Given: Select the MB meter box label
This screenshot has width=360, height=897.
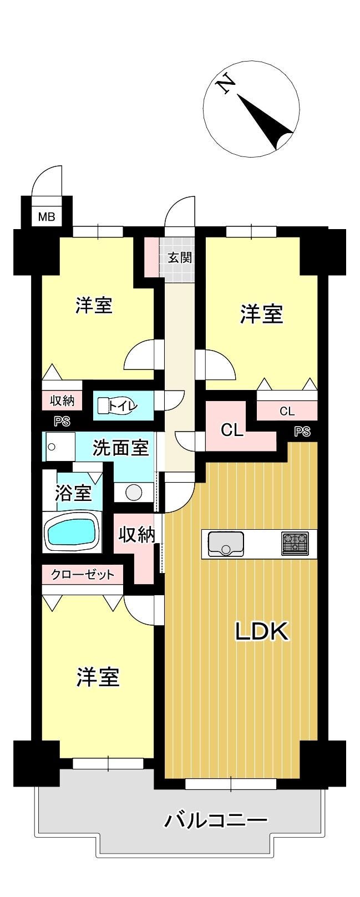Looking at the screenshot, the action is click(47, 217).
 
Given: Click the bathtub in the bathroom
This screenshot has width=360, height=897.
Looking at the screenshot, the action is click(73, 533).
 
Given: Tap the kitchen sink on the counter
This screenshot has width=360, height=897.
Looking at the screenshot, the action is click(225, 544).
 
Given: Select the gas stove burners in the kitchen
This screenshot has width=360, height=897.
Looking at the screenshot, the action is click(295, 544).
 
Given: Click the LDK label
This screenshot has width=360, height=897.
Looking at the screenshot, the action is click(261, 631).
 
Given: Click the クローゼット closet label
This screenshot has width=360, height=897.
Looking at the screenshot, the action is click(83, 575).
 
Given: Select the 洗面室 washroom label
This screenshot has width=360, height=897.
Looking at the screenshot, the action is click(121, 447).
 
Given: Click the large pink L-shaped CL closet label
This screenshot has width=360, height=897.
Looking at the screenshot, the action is click(232, 430).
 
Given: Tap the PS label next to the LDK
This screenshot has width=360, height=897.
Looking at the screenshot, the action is click(302, 432).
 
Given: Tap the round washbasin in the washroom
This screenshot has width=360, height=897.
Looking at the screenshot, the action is click(134, 492).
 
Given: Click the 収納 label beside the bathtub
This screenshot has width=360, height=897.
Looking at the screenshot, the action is click(136, 534).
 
